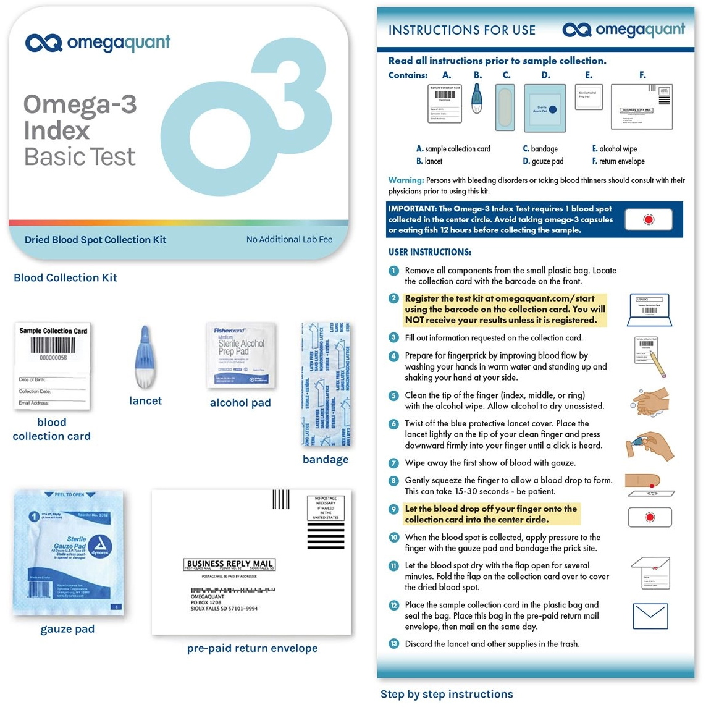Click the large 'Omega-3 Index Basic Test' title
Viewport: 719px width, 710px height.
tap(80, 130)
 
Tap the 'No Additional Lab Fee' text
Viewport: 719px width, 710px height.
tap(289, 239)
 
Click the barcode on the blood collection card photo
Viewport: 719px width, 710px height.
tap(53, 345)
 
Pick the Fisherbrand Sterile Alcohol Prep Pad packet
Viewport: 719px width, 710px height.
tap(240, 355)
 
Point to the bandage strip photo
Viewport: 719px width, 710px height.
tap(326, 384)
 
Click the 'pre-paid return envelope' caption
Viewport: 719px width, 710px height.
tap(252, 648)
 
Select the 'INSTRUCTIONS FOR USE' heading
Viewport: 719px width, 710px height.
tap(461, 30)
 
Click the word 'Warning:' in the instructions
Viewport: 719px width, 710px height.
tap(406, 180)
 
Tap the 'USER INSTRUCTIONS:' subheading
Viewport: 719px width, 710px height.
tap(429, 252)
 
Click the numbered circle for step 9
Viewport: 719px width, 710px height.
tap(393, 509)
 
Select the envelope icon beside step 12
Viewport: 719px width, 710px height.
tap(650, 616)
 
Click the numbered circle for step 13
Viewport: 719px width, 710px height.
tap(393, 644)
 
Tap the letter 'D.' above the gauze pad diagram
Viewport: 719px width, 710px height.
tap(545, 75)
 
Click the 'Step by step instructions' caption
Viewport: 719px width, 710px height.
tap(447, 694)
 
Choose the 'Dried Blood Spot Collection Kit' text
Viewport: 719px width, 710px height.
tap(95, 240)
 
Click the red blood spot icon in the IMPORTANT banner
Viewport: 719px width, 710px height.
tap(648, 219)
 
